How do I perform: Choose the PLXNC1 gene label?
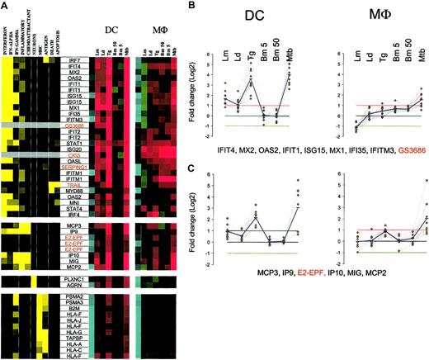(73, 280)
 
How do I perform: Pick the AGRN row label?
(73, 287)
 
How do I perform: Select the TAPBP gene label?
(73, 337)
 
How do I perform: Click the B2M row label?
(73, 312)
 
